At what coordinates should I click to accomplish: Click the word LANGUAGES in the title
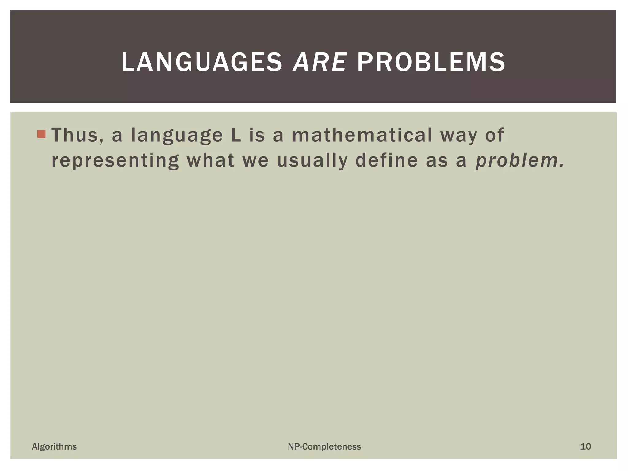pos(201,62)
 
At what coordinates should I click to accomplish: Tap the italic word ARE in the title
pos(320,62)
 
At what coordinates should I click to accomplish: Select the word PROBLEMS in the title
pos(431,62)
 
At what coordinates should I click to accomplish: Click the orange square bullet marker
pos(41,134)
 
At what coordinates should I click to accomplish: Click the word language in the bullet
pos(177,136)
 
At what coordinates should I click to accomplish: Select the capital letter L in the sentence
pos(236,135)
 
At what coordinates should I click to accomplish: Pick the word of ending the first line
pos(494,135)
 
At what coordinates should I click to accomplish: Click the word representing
pos(115,161)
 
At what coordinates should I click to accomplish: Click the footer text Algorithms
pos(54,446)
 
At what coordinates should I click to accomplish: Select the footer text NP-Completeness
pos(324,446)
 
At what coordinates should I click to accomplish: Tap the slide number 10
pos(585,446)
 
